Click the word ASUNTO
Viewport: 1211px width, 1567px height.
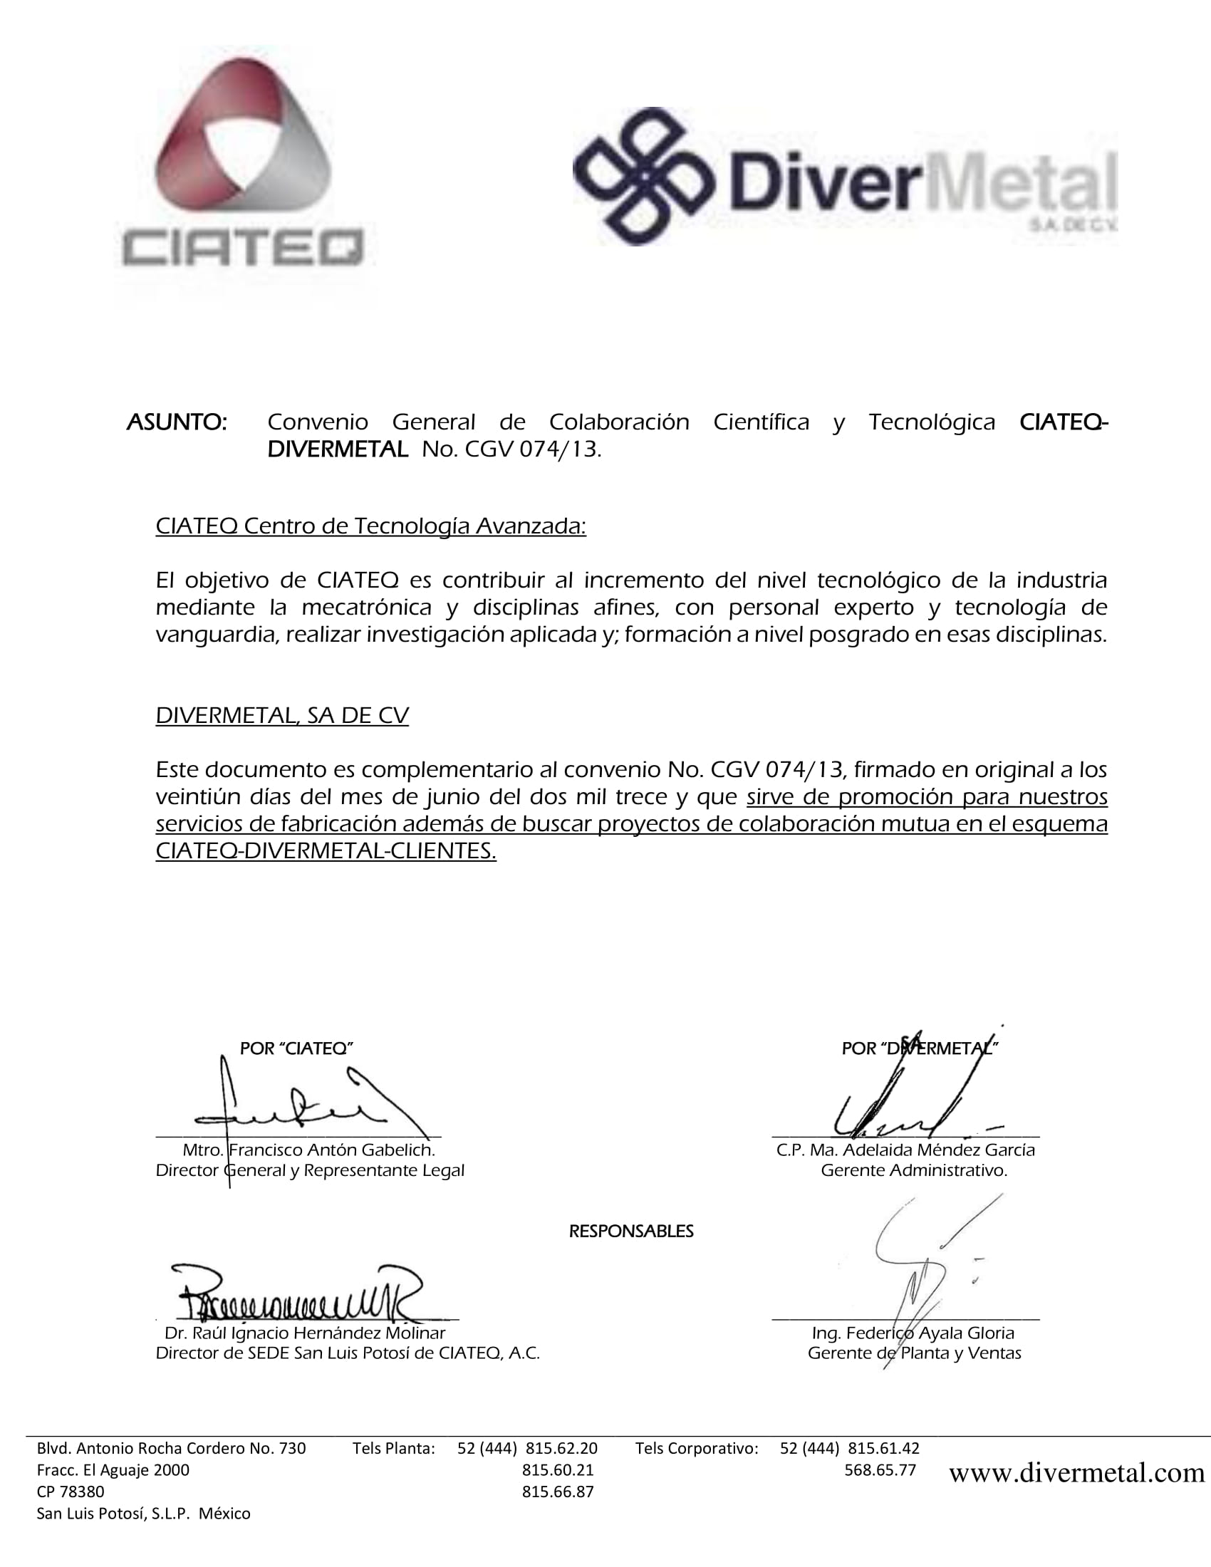(x=177, y=422)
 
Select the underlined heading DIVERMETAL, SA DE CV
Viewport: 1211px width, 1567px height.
(x=282, y=715)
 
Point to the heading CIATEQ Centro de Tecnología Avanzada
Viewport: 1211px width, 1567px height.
(x=370, y=526)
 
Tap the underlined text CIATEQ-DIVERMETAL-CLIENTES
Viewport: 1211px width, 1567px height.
(x=326, y=851)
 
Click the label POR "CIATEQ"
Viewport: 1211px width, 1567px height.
(x=296, y=1048)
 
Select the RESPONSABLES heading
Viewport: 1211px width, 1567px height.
(x=630, y=1232)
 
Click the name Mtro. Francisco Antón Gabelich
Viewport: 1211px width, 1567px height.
(x=308, y=1150)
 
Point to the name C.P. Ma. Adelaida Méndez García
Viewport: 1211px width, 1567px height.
(x=905, y=1150)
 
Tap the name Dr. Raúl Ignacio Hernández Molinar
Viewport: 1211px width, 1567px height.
(x=305, y=1333)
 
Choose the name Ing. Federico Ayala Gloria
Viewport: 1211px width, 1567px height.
(x=913, y=1333)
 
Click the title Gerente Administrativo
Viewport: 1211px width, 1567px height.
(x=914, y=1170)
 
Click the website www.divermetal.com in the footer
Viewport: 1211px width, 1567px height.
(x=1076, y=1472)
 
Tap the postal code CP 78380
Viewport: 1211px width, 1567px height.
(x=71, y=1491)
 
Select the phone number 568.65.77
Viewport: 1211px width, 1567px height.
(x=880, y=1469)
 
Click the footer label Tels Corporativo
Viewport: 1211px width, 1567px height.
(x=696, y=1448)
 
